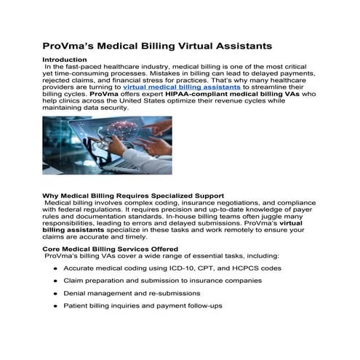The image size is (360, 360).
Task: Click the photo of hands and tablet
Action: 108,145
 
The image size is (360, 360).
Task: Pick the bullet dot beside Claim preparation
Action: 56,281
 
